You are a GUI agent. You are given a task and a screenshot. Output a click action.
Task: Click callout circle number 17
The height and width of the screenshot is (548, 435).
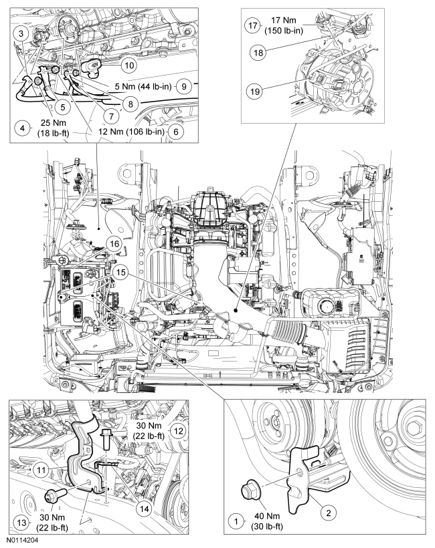(252, 26)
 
